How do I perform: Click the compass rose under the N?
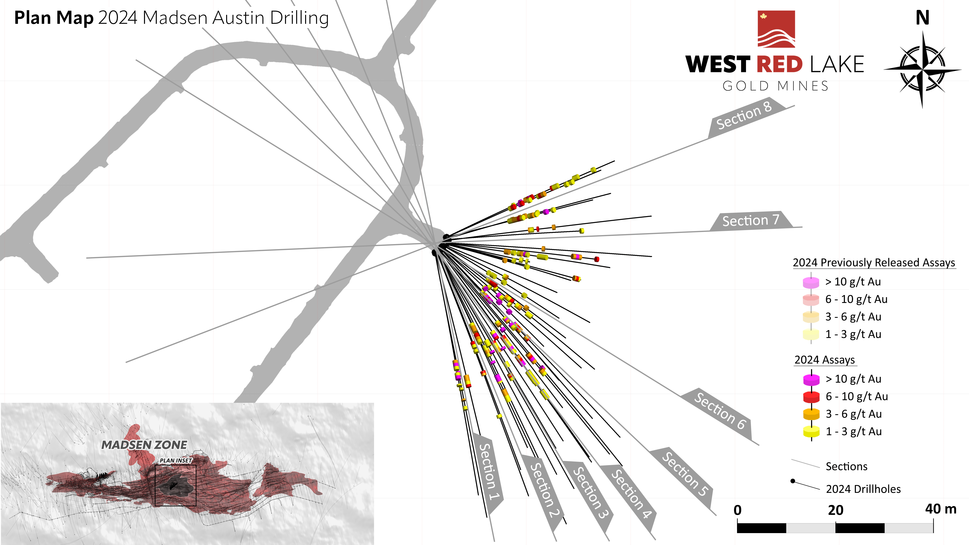(x=922, y=70)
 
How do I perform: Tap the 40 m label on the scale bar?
(x=940, y=509)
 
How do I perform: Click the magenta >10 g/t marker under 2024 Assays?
(x=811, y=379)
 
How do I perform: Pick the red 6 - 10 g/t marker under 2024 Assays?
(x=811, y=397)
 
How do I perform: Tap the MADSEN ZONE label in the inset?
(x=144, y=445)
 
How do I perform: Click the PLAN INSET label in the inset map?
(x=176, y=460)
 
